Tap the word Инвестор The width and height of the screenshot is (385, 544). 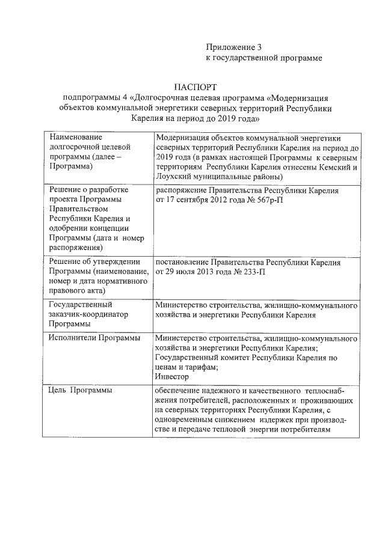click(x=171, y=376)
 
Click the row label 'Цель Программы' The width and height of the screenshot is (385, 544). click(x=80, y=391)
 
